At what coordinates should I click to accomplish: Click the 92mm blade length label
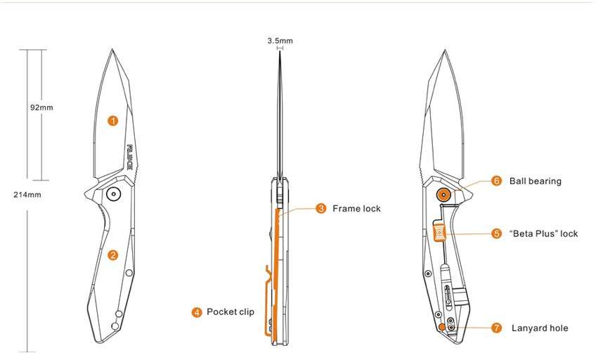point(41,108)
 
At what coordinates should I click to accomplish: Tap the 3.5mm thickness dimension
point(280,41)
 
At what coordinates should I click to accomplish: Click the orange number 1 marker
point(112,120)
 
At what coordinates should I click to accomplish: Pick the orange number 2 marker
point(112,255)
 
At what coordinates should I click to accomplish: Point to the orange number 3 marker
point(320,208)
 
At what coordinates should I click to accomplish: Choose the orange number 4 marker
point(197,312)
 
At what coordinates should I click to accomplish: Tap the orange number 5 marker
point(496,233)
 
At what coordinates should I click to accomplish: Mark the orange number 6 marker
point(496,181)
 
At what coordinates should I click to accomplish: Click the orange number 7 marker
point(496,328)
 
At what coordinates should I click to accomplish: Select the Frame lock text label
point(356,208)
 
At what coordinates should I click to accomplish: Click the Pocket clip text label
point(231,312)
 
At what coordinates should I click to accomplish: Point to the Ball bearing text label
point(536,181)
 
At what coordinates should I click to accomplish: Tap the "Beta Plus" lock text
point(543,233)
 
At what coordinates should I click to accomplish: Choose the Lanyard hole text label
point(540,328)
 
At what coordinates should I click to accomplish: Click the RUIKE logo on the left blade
point(130,157)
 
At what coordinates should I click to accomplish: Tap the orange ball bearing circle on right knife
point(443,195)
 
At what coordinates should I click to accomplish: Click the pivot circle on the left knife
point(112,194)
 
